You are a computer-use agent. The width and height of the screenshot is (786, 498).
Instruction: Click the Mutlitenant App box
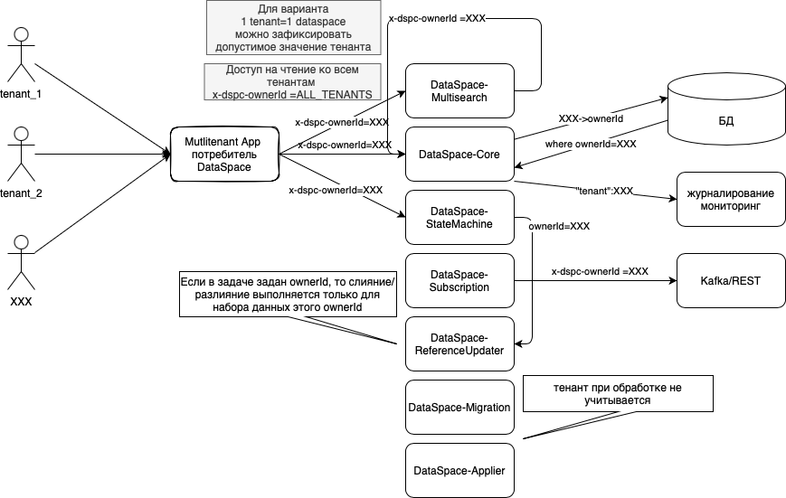point(223,154)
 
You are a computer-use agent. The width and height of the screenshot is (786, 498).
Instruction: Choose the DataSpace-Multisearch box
point(459,90)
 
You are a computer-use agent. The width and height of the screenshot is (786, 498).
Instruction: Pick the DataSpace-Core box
point(459,154)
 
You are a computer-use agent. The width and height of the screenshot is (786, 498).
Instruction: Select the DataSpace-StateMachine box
point(459,217)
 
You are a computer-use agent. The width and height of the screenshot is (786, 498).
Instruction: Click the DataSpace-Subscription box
point(459,280)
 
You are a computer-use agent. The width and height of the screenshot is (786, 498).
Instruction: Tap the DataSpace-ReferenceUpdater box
point(459,344)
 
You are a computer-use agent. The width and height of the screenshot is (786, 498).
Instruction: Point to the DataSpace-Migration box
point(459,408)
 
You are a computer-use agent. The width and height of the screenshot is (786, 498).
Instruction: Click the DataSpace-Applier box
point(459,470)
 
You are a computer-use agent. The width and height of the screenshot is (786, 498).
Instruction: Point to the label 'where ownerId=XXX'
point(591,144)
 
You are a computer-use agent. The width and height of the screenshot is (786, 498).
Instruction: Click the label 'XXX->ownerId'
point(591,118)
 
